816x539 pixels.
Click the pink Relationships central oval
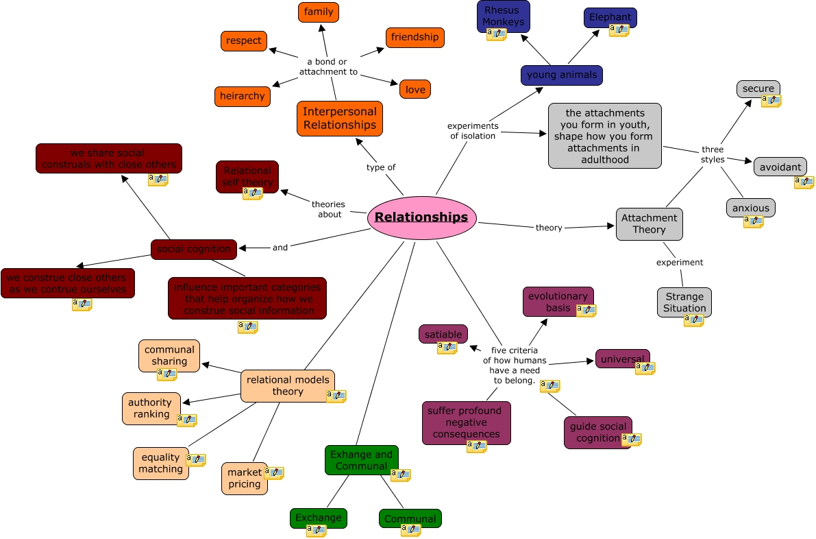(421, 217)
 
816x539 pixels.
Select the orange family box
(319, 12)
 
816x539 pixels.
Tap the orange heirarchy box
(242, 96)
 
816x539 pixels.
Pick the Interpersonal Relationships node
(339, 118)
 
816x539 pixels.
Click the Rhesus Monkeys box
(503, 16)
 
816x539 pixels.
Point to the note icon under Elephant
(619, 30)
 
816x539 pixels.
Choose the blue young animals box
(561, 75)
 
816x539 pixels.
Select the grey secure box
(758, 88)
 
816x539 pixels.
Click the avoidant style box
(780, 167)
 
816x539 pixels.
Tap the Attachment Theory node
(649, 224)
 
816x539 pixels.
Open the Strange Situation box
(684, 302)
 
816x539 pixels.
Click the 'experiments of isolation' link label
(473, 130)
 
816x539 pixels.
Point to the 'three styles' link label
(713, 154)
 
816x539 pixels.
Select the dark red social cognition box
(194, 249)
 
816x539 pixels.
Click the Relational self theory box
(247, 176)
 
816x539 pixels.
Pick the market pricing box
(244, 478)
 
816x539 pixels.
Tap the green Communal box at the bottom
(410, 518)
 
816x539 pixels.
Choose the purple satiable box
(443, 334)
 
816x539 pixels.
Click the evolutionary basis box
(558, 302)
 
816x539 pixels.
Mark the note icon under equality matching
(195, 459)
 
